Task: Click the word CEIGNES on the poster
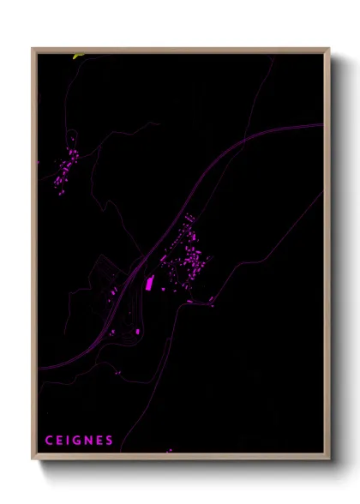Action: [79, 441]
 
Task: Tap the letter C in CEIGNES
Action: [50, 441]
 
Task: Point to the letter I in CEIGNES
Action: [69, 441]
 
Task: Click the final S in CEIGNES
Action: [109, 441]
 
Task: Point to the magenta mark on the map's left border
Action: [39, 161]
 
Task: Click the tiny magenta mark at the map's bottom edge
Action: [169, 450]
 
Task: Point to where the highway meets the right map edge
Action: [322, 125]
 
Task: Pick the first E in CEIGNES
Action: [60, 441]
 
